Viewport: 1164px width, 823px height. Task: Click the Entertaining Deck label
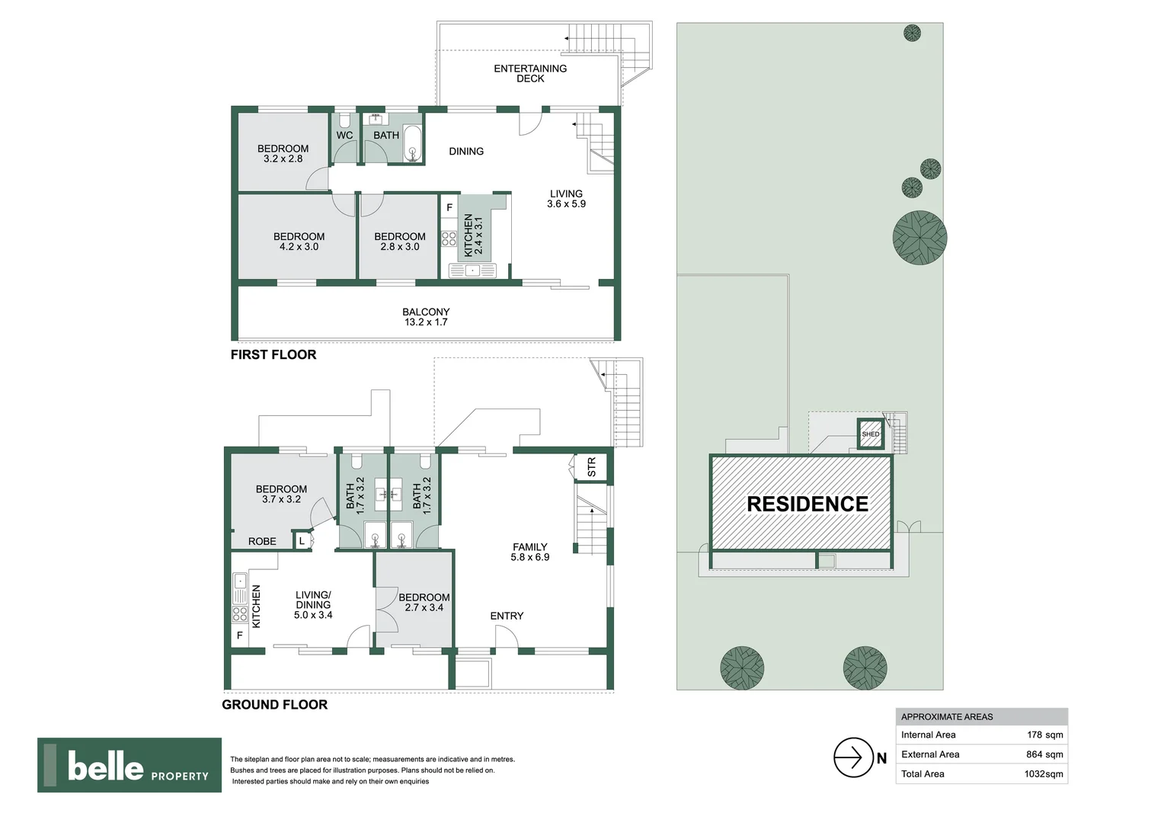[x=530, y=73]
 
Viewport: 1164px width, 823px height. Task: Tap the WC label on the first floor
[x=344, y=136]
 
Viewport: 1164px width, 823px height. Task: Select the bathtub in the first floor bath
[x=412, y=144]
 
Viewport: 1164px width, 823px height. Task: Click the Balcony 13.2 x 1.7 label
[x=426, y=317]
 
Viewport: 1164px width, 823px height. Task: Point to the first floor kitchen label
[x=473, y=235]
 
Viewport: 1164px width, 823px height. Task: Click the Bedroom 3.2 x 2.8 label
[x=283, y=154]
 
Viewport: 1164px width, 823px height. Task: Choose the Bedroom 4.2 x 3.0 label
[x=299, y=242]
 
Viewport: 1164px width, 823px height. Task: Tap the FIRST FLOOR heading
[x=273, y=355]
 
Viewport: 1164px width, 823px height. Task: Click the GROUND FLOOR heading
[x=274, y=705]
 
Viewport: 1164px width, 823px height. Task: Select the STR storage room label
[x=592, y=467]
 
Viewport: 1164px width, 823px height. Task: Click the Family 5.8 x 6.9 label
[x=529, y=552]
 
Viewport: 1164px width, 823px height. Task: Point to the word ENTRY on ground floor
[x=507, y=616]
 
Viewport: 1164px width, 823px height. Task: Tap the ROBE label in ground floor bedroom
[x=262, y=541]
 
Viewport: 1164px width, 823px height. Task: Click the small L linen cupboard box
[x=302, y=541]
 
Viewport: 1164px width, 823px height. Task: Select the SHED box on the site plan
[x=870, y=434]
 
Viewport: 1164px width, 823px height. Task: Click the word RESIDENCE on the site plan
[x=807, y=504]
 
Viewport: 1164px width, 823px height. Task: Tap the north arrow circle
[x=852, y=757]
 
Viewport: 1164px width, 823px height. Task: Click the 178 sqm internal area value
[x=1044, y=735]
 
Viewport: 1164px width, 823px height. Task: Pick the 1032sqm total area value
[x=1043, y=773]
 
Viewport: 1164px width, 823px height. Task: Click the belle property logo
[x=130, y=765]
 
